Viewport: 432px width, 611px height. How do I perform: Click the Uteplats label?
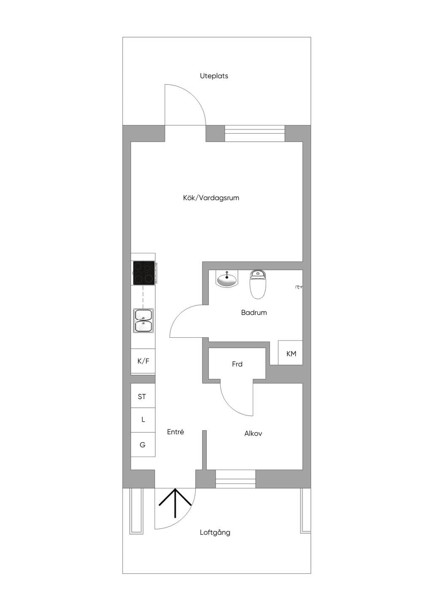(x=214, y=76)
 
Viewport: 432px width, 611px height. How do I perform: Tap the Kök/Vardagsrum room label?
(x=211, y=198)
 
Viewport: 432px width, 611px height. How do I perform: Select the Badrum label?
(x=254, y=312)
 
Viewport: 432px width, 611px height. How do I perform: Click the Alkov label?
(x=253, y=433)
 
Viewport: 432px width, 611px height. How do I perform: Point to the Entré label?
(x=175, y=432)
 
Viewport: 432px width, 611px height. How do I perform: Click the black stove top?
(x=144, y=272)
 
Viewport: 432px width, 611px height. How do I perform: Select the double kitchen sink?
(x=143, y=320)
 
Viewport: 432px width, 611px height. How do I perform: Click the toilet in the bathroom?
(x=257, y=284)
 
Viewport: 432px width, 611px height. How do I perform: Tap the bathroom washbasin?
(x=227, y=279)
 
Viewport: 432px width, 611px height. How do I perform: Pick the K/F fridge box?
(x=143, y=361)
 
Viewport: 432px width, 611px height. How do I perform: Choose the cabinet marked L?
(x=143, y=420)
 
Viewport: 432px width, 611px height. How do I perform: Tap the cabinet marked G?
(x=143, y=444)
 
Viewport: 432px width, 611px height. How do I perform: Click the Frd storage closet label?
(x=237, y=364)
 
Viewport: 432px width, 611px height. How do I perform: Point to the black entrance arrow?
(x=175, y=503)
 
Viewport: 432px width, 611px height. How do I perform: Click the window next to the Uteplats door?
(x=255, y=133)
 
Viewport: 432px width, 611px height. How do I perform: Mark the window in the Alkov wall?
(x=235, y=479)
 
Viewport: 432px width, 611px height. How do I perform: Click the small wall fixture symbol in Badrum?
(x=299, y=287)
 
